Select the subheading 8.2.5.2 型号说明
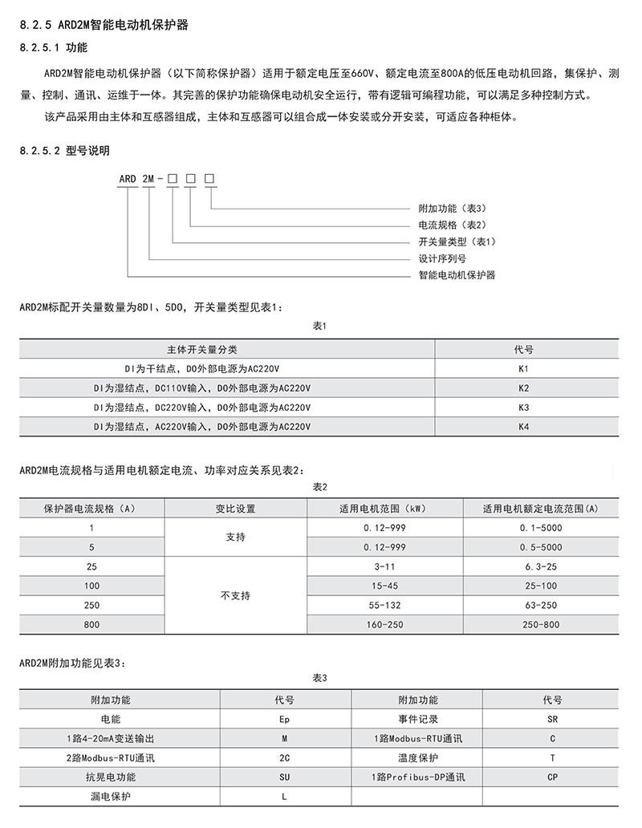(63, 150)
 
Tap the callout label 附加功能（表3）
(453, 208)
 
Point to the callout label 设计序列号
(442, 258)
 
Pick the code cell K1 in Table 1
(523, 369)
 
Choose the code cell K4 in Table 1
(523, 426)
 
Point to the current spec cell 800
(91, 624)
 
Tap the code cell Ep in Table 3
(273, 720)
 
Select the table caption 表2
(320, 487)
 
